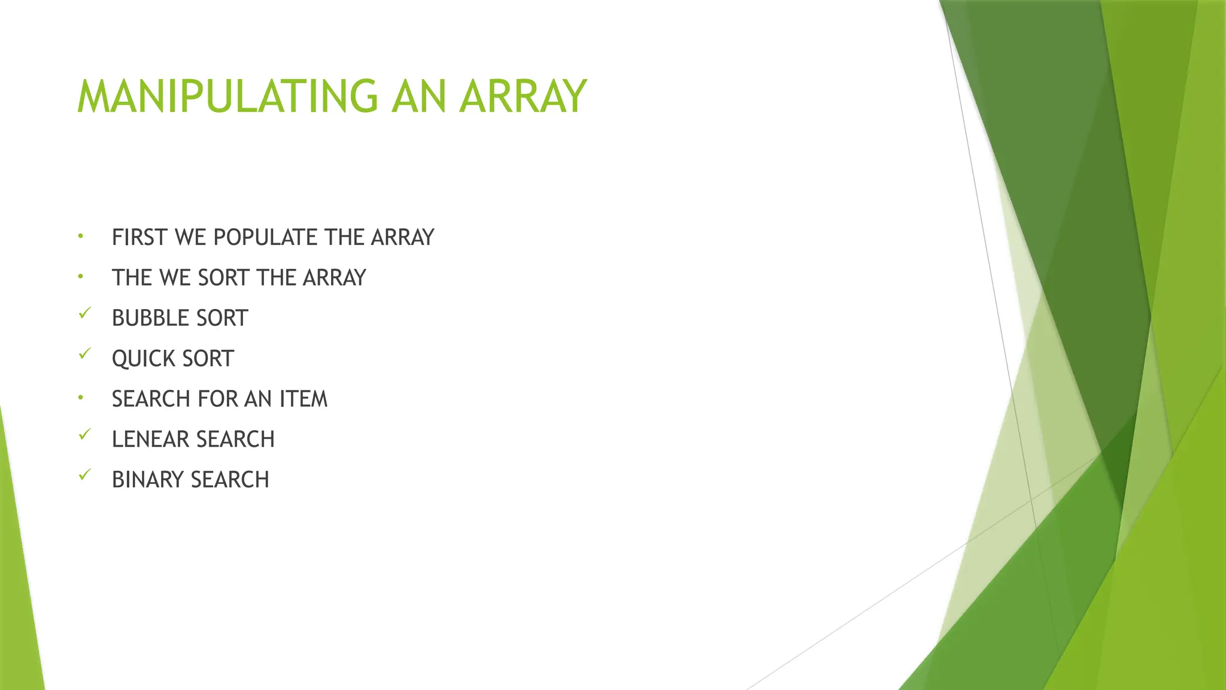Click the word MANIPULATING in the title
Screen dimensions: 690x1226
pos(227,96)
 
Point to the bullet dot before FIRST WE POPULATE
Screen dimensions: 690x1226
pos(80,237)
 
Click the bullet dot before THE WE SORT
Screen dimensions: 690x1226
pos(80,277)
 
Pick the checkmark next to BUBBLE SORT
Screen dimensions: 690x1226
pos(84,313)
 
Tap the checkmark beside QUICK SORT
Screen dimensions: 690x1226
pos(84,353)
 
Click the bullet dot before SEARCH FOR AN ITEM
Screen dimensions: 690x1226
pos(80,398)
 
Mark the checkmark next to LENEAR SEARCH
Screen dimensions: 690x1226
pos(84,434)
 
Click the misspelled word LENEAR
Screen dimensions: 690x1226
pos(150,440)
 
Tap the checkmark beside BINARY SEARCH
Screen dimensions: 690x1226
pos(84,475)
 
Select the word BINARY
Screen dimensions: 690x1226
pos(148,480)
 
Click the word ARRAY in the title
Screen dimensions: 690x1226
pos(523,96)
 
